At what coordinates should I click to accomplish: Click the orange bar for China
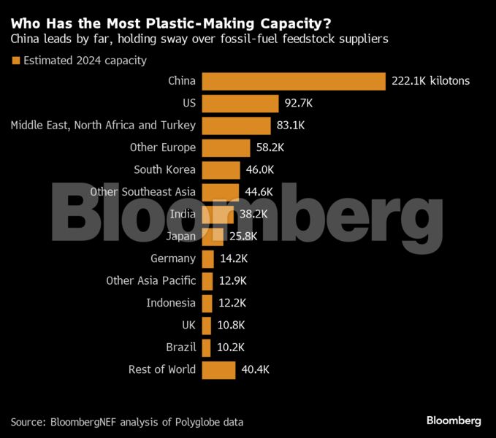293,81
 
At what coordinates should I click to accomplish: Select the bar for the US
240,103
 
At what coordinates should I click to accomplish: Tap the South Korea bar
221,169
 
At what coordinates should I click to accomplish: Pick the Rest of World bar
218,369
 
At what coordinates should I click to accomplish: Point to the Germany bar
207,258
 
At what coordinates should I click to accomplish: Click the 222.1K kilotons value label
430,81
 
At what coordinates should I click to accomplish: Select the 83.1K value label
291,126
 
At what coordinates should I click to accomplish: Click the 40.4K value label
256,369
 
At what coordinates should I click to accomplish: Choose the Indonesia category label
171,303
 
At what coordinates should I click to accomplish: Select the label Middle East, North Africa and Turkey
103,126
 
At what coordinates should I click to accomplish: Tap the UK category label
188,325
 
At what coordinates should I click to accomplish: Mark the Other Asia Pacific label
150,280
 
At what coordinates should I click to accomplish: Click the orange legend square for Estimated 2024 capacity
15,61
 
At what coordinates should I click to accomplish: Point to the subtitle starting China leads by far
199,39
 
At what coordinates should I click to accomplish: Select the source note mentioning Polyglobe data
127,421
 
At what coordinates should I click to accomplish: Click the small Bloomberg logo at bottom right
454,420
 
